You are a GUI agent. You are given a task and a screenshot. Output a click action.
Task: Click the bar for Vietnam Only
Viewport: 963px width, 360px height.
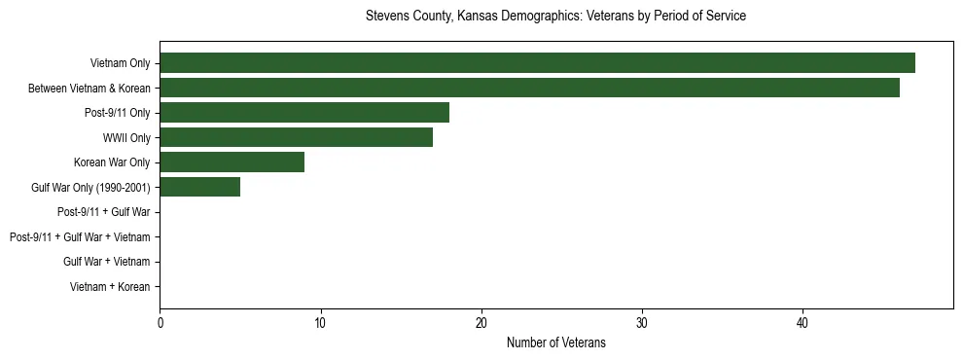[537, 63]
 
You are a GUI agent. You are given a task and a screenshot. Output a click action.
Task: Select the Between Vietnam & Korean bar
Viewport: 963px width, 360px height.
[529, 88]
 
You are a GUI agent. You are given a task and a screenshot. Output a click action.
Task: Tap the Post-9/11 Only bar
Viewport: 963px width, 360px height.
[304, 113]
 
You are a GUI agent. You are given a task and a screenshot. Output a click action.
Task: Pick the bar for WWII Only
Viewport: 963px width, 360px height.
[296, 138]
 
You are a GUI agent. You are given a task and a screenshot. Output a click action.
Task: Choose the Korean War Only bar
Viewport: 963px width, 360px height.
[232, 162]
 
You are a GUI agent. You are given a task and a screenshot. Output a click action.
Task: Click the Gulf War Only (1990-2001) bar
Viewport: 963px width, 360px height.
[199, 187]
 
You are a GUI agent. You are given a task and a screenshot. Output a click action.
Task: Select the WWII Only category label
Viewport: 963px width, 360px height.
[126, 138]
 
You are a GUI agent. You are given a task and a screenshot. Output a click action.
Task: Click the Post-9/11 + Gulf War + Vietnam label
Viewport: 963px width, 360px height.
[80, 237]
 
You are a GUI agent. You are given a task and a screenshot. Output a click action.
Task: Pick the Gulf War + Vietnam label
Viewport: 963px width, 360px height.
[107, 262]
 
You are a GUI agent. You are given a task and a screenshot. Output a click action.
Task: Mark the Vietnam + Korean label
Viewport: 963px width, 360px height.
[110, 287]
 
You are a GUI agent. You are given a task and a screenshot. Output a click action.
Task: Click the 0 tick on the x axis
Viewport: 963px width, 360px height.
[160, 323]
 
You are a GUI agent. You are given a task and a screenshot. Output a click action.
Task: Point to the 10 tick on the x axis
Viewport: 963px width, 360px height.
[320, 323]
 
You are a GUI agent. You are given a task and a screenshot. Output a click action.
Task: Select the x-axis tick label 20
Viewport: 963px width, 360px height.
[481, 323]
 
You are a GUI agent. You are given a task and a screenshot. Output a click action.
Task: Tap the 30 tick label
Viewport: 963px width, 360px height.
[642, 323]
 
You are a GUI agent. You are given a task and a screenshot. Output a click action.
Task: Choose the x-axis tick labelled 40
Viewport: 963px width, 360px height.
[802, 323]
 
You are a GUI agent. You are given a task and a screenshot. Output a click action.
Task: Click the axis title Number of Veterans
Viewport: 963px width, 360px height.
[555, 342]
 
